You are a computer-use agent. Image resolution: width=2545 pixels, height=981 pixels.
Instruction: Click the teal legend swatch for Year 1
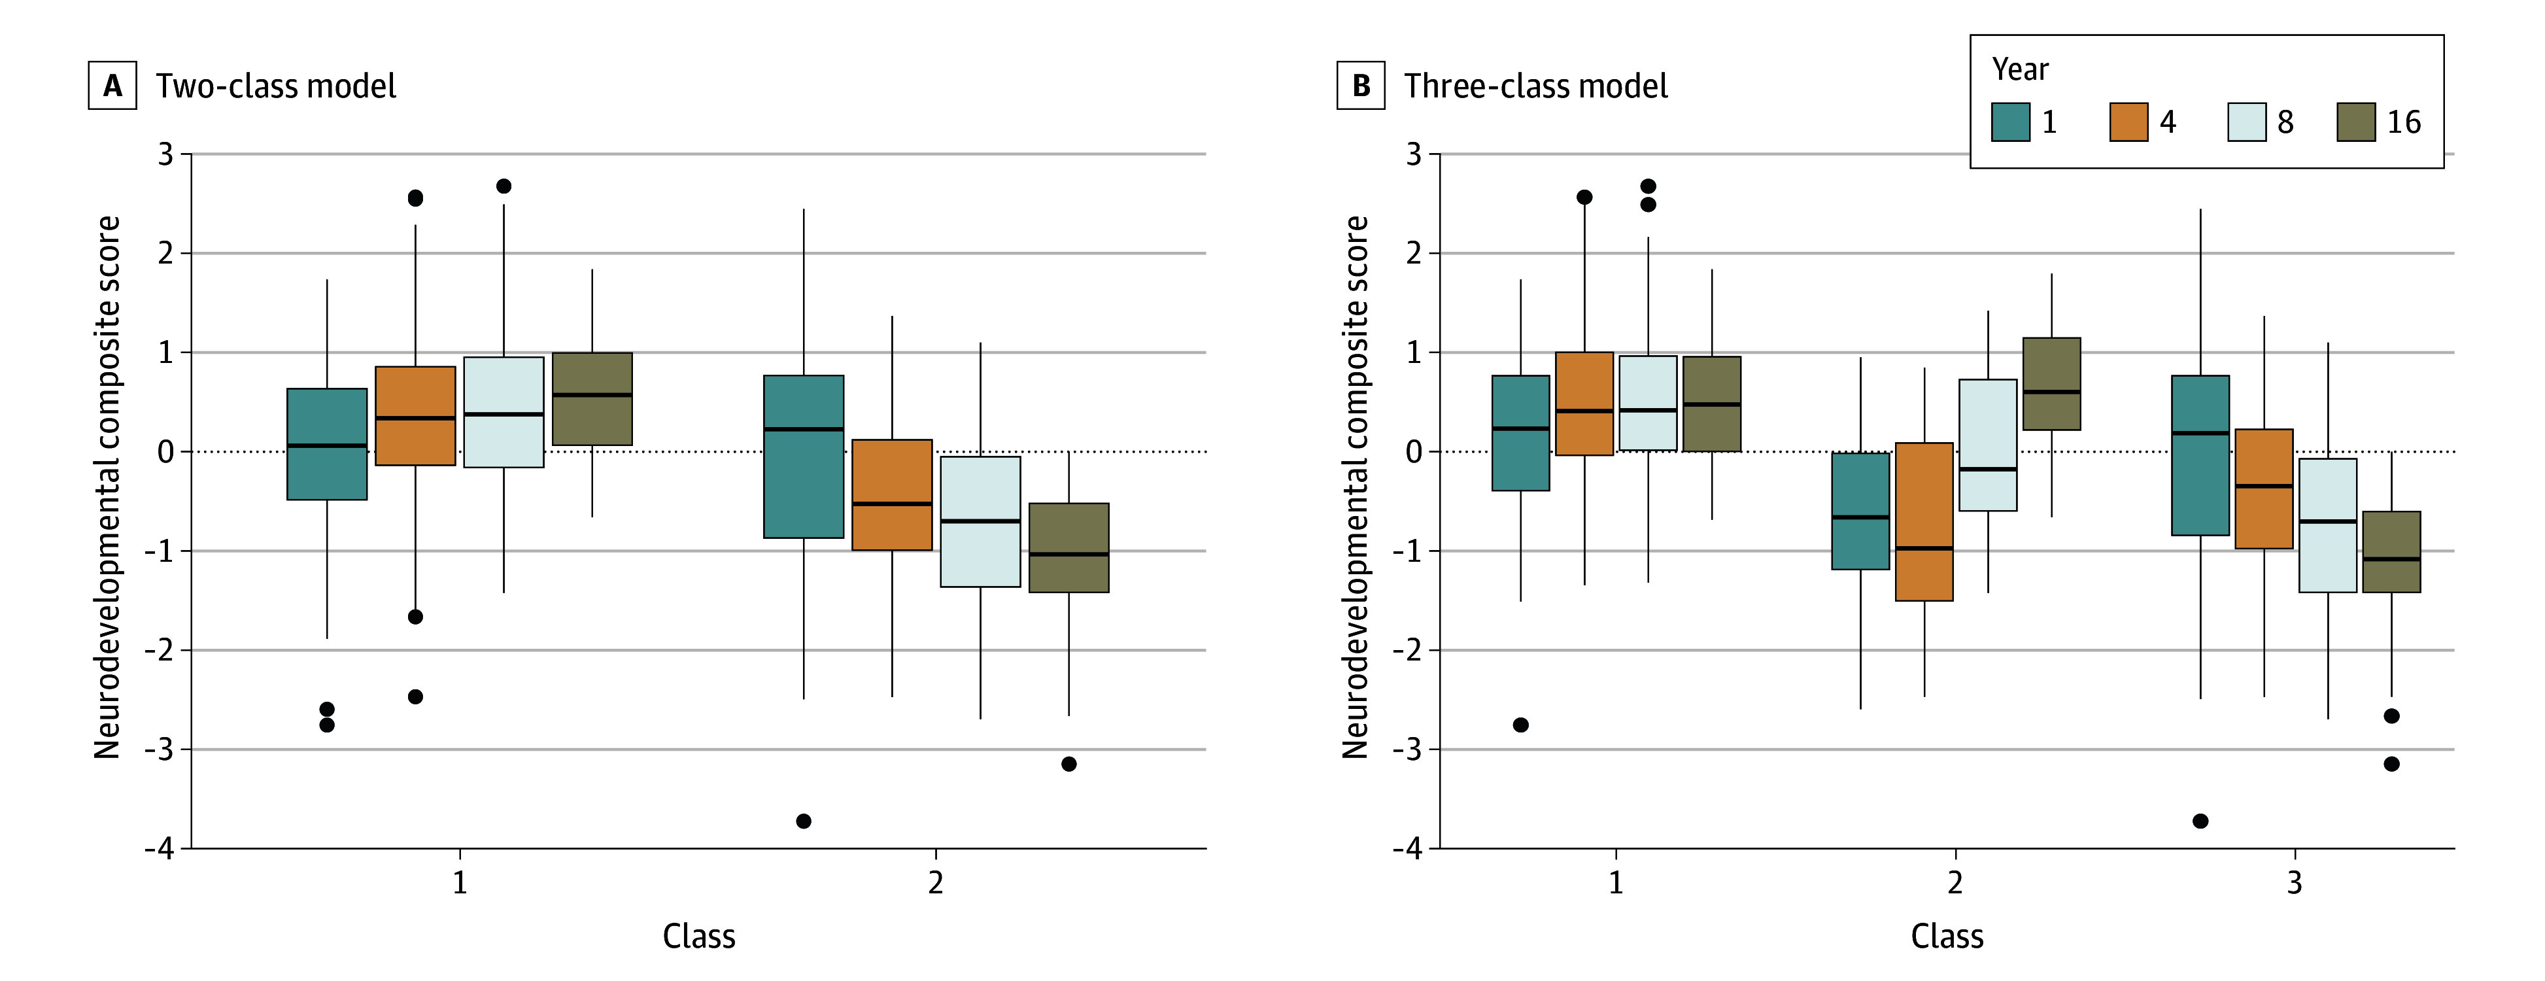2011,122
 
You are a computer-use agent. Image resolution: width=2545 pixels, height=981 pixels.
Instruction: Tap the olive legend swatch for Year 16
2356,122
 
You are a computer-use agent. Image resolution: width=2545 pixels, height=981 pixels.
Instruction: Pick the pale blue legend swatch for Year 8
2247,122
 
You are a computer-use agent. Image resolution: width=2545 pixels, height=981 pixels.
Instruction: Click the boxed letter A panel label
112,86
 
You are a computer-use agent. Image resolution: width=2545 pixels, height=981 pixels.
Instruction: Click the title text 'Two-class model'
276,86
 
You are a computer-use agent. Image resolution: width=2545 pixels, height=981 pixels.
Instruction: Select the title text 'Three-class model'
1536,86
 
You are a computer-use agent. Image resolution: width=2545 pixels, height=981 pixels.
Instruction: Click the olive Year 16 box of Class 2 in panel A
1069,548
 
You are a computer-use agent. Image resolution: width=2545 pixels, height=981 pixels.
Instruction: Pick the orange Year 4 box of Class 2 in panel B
1924,522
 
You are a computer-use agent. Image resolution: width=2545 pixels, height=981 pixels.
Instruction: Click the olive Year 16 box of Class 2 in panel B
2052,385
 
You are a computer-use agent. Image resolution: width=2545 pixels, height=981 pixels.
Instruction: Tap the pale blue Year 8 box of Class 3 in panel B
2328,526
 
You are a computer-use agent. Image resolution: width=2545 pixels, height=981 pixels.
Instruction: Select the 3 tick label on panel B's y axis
1414,154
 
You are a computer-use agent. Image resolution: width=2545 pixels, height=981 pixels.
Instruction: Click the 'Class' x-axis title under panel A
698,936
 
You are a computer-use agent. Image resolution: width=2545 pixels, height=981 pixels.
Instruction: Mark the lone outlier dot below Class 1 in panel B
1520,725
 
